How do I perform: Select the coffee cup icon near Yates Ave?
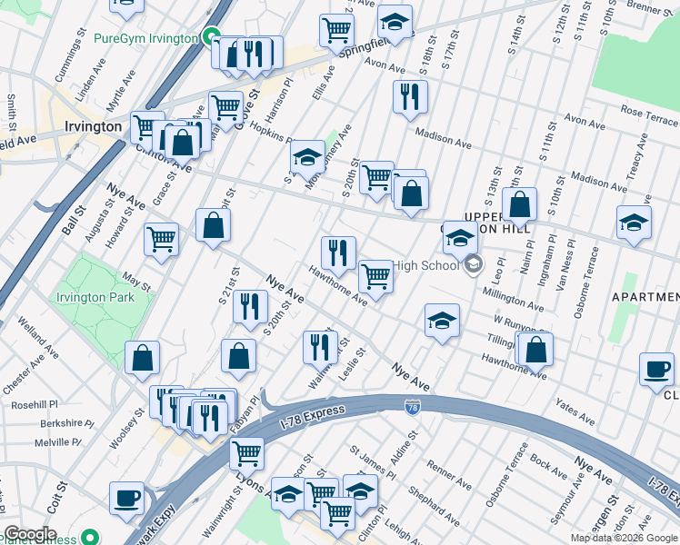656,370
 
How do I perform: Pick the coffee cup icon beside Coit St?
127,498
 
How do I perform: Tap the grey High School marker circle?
473,265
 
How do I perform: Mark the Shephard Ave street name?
432,506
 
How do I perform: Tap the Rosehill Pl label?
35,403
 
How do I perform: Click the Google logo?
30,534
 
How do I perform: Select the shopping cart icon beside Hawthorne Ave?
375,276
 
